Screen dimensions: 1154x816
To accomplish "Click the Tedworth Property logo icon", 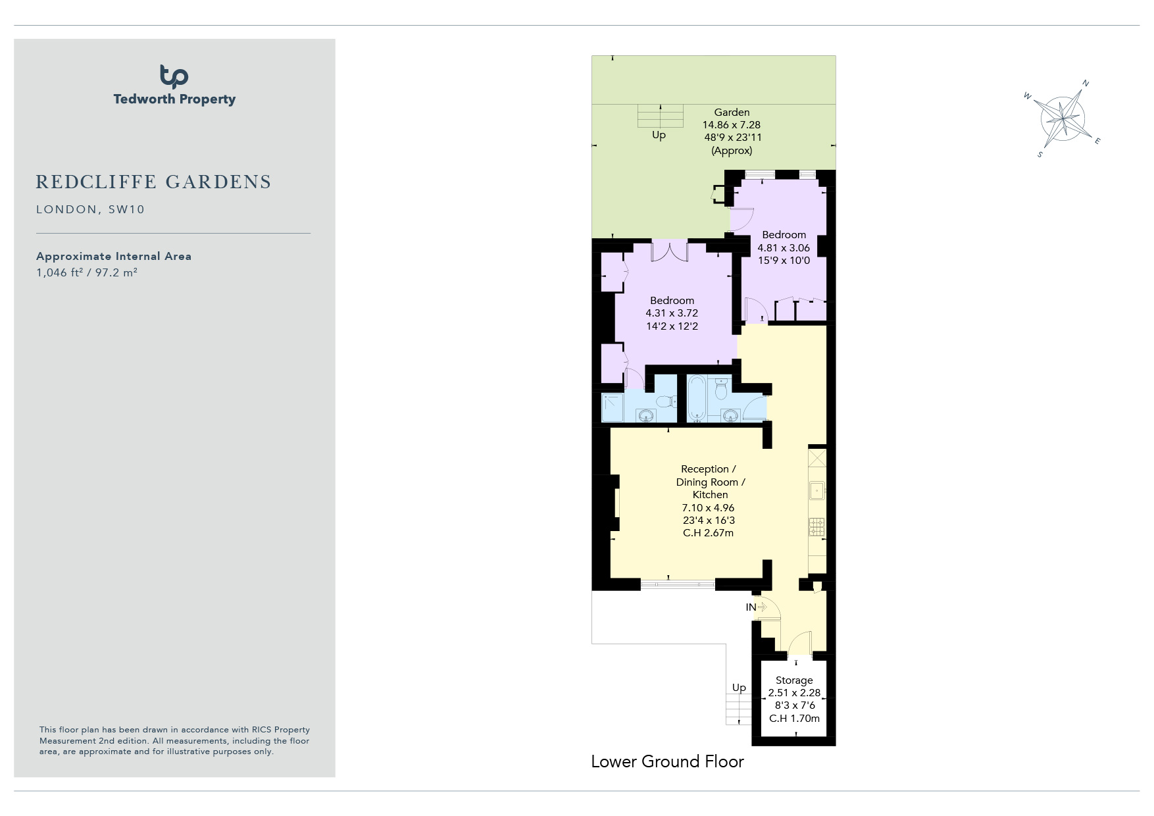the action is coord(174,76).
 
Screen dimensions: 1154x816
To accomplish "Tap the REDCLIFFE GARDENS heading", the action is coord(153,182).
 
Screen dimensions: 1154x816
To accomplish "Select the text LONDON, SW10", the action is coord(90,209).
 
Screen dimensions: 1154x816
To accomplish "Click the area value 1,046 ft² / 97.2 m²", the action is coord(87,272).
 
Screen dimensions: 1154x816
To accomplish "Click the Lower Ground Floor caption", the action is coord(667,761).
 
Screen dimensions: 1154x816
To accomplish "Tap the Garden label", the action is coord(732,112).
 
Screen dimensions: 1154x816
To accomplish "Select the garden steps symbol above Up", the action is coord(659,116).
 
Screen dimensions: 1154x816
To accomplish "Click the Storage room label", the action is coord(794,680).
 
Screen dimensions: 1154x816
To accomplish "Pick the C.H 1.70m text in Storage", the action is coord(795,718).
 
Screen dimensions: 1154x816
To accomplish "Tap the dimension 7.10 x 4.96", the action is coord(708,507).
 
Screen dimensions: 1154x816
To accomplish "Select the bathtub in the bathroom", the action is coord(697,398).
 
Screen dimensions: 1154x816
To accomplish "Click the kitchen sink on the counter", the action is coord(816,490).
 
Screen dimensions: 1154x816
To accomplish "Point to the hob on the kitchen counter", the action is coord(816,526).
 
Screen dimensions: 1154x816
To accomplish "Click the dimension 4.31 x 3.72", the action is coord(672,313).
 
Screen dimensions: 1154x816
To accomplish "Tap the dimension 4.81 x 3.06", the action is coord(784,247).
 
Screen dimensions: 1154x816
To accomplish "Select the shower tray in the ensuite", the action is coord(613,407).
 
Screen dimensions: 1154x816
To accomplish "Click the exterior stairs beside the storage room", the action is coord(739,709).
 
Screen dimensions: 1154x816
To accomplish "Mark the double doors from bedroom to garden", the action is coord(670,252).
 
